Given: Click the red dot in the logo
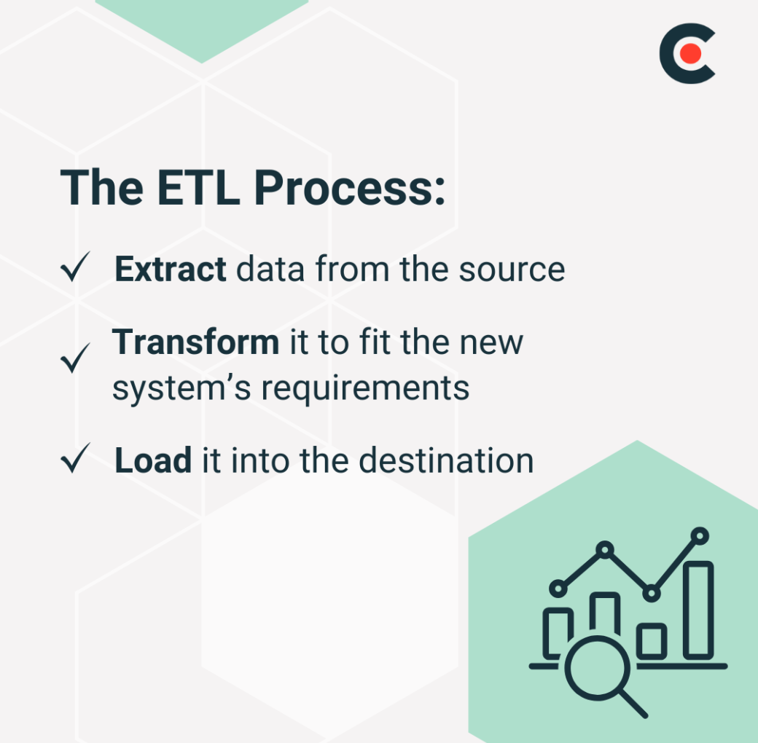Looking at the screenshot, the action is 689,53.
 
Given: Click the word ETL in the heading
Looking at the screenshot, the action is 198,187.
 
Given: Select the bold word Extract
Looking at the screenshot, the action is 170,269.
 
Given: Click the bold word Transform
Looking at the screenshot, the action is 196,342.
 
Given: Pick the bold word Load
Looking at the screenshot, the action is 153,460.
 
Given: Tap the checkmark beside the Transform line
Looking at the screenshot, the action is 75,358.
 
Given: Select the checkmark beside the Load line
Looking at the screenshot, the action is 75,457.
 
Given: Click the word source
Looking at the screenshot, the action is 512,270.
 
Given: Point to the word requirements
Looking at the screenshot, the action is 365,389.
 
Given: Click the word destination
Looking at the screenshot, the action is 446,460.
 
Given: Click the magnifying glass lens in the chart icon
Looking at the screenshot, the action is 598,668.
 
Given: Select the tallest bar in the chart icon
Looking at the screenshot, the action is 698,610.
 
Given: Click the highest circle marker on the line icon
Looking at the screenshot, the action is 700,535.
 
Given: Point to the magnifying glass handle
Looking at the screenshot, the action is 634,704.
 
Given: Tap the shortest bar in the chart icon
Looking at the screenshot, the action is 652,642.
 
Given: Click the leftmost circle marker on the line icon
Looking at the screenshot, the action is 558,589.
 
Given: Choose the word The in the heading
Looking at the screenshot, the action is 102,188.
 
